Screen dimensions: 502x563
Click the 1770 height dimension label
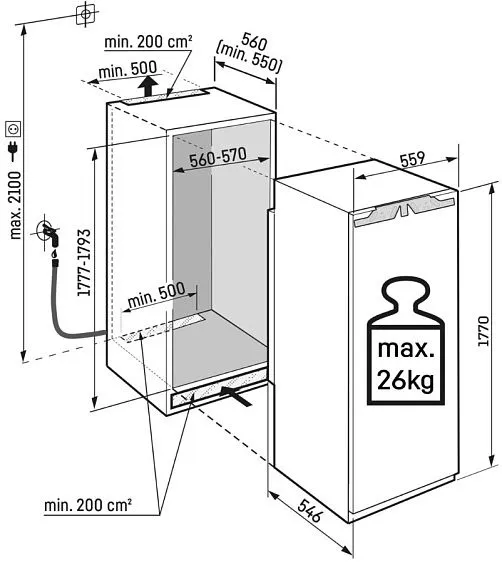pos(483,331)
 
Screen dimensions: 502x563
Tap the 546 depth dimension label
pos(310,510)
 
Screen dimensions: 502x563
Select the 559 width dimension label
pos(413,159)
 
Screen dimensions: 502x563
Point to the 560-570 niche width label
pos(218,158)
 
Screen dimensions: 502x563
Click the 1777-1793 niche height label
pos(84,262)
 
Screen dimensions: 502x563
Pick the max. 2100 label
pos(15,205)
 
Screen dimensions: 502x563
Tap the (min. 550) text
pos(248,57)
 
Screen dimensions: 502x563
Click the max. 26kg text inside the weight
pos(406,365)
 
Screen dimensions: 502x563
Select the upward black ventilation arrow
pos(148,85)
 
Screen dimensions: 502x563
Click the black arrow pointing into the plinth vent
pos(236,395)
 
